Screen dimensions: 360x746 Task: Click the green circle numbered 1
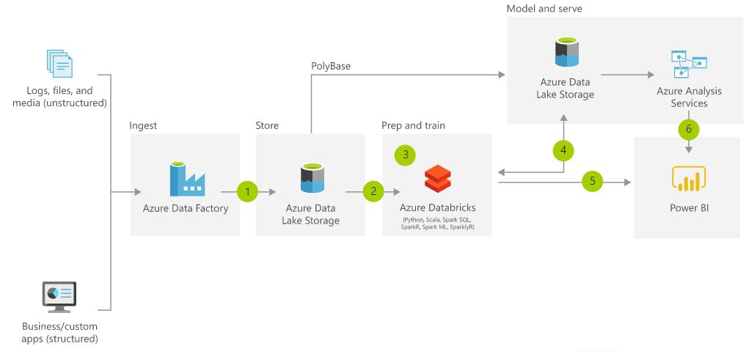tap(249, 192)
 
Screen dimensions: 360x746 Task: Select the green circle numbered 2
tap(373, 191)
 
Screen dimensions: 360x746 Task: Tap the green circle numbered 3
tap(405, 154)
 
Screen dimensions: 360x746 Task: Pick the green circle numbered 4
tap(563, 150)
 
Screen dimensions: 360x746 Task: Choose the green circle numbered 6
tap(688, 128)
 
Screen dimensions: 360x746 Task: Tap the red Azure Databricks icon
tap(437, 178)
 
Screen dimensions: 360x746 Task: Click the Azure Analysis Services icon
tap(689, 65)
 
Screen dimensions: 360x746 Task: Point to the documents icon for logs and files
tap(60, 65)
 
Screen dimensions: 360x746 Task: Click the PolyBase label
tap(331, 66)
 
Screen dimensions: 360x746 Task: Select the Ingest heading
tap(143, 125)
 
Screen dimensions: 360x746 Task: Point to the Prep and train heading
tap(413, 125)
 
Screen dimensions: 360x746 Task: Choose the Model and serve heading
tap(544, 8)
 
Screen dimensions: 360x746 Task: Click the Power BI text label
tap(689, 207)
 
